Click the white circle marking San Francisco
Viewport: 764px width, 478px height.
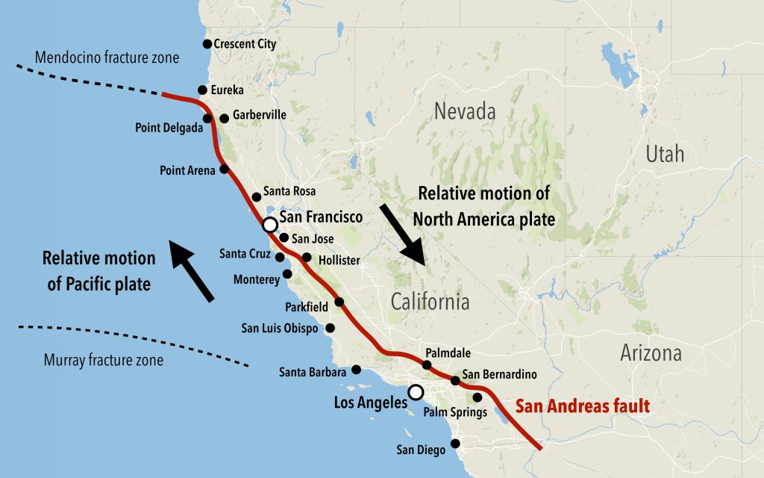[270, 224]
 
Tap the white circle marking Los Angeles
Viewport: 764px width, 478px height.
[416, 392]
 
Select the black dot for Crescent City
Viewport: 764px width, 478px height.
[207, 44]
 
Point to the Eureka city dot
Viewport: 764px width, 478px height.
[202, 90]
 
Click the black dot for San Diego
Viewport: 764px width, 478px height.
[456, 443]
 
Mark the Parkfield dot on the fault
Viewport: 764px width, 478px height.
[339, 302]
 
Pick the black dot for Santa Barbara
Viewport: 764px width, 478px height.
[356, 369]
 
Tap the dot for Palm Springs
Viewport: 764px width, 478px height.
[477, 397]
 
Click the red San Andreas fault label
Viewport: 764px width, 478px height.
[583, 407]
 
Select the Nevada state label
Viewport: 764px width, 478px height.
[466, 112]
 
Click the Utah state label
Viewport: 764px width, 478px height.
[664, 155]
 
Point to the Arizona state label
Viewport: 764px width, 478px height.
[651, 353]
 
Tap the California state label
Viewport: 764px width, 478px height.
[430, 302]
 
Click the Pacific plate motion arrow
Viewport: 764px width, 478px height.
[192, 270]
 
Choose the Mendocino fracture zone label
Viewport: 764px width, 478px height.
[107, 58]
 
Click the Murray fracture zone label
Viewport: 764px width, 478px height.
[104, 361]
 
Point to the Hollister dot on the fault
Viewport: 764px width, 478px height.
[307, 258]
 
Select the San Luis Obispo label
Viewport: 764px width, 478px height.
[280, 328]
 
